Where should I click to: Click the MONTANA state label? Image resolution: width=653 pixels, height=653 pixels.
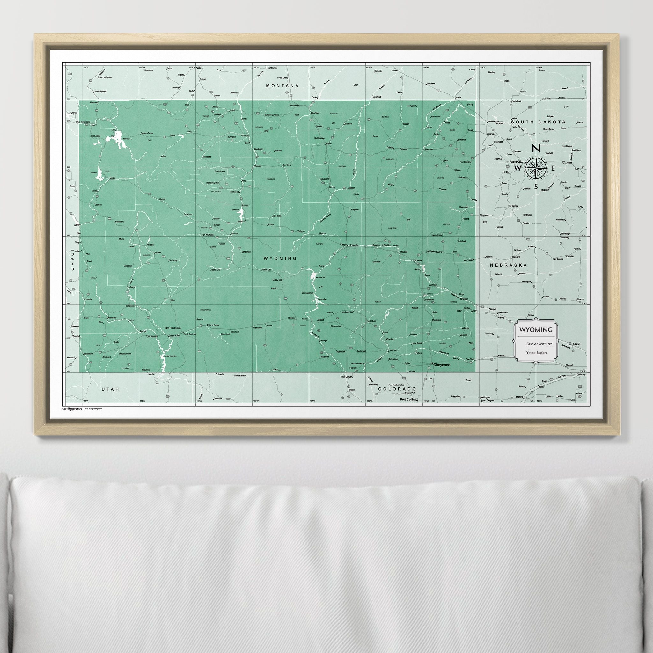point(282,86)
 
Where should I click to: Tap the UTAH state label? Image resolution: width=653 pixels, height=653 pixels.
point(111,389)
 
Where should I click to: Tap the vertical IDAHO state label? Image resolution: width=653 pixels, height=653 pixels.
point(72,260)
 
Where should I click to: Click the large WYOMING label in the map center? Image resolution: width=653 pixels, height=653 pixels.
point(280,258)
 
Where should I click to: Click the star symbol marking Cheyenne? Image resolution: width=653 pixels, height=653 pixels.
point(432,364)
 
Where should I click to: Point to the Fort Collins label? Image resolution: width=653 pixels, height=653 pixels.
point(408,400)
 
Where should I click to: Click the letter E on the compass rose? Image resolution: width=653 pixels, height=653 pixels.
point(553,168)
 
